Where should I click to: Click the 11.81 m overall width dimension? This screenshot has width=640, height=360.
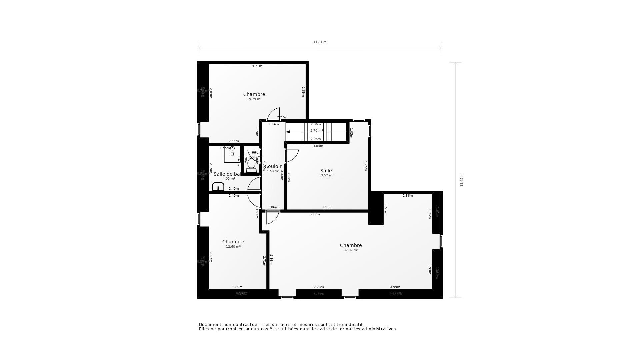tap(320, 42)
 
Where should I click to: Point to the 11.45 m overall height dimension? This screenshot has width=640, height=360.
tap(462, 180)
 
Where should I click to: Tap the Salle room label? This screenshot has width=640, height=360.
tap(326, 171)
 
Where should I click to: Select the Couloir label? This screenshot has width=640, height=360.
tap(273, 166)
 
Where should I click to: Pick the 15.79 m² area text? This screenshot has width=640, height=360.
tap(254, 99)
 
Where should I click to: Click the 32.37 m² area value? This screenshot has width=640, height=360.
tap(351, 250)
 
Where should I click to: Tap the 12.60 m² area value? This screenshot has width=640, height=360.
tap(233, 247)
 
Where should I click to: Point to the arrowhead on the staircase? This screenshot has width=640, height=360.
tap(288, 132)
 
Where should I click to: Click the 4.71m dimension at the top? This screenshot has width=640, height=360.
tap(257, 66)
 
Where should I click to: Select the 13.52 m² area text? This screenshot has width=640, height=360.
tap(326, 175)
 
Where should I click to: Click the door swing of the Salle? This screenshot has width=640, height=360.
tap(292, 156)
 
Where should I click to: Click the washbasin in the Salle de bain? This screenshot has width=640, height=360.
tap(218, 187)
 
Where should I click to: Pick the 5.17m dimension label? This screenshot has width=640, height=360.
tap(314, 214)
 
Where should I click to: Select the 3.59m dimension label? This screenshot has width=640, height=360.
tap(395, 287)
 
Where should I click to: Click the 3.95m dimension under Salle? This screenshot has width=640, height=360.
tap(327, 207)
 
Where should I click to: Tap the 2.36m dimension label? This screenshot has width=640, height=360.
tap(407, 196)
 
